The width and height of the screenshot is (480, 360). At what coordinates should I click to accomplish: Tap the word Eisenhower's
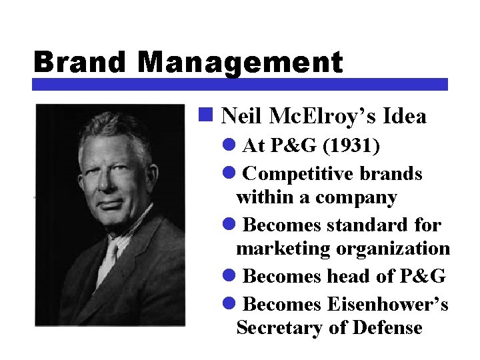point(388,304)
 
